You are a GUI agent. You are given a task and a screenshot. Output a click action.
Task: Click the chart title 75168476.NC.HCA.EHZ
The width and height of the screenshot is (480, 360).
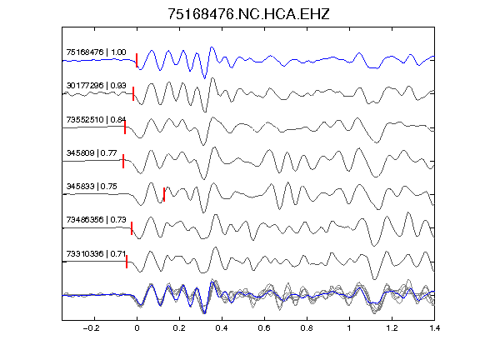coord(248,14)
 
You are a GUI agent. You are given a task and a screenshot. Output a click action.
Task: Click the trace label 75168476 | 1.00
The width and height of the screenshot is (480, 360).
coord(96,52)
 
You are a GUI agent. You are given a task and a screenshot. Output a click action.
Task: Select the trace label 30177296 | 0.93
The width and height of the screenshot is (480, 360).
coord(96,85)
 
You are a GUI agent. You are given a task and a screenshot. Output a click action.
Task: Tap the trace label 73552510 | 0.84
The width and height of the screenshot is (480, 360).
coord(96,119)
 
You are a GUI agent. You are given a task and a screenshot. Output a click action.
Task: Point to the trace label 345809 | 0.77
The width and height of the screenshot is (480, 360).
coord(92,152)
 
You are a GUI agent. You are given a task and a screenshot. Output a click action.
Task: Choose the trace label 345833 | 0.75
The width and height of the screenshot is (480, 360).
coord(92,186)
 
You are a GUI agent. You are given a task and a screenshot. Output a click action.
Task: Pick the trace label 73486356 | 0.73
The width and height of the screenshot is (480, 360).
coord(96,219)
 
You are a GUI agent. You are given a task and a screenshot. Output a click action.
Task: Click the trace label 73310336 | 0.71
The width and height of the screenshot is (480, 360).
coord(96,254)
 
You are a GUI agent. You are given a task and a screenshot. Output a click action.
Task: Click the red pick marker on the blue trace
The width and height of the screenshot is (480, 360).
coord(137,60)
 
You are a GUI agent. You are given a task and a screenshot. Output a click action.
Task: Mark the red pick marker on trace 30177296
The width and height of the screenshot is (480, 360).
coord(133,93)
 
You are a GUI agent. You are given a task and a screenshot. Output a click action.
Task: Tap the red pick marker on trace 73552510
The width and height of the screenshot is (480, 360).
coord(125,127)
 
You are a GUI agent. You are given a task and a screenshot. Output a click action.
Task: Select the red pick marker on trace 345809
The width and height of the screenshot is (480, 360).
coord(123,161)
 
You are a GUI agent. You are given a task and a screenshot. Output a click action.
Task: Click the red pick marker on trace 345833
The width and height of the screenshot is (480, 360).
coord(164,194)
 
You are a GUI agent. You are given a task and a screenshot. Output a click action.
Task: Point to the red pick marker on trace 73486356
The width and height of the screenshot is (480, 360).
coord(132,228)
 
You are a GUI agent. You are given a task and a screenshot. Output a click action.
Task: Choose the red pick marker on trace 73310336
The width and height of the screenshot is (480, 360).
coord(127,262)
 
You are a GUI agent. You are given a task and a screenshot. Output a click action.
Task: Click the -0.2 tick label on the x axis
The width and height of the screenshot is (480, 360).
coord(91,328)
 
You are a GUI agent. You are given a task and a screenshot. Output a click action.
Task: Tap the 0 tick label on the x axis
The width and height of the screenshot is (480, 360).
coord(137,328)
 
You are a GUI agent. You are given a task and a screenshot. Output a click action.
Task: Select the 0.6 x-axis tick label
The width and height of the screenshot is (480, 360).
coord(264,328)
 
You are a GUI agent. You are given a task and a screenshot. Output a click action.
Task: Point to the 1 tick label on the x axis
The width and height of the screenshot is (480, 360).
coord(349,328)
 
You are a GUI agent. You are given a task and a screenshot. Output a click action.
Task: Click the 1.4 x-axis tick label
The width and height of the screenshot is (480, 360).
coord(434,328)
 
